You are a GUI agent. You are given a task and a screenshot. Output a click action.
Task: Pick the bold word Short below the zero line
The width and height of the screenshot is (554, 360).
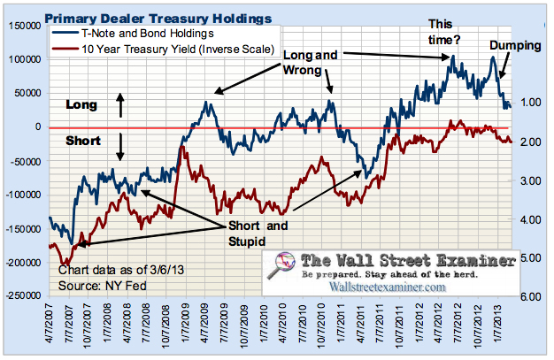(83, 142)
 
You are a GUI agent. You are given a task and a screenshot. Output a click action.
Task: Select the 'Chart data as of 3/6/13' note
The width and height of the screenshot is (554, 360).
(118, 270)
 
